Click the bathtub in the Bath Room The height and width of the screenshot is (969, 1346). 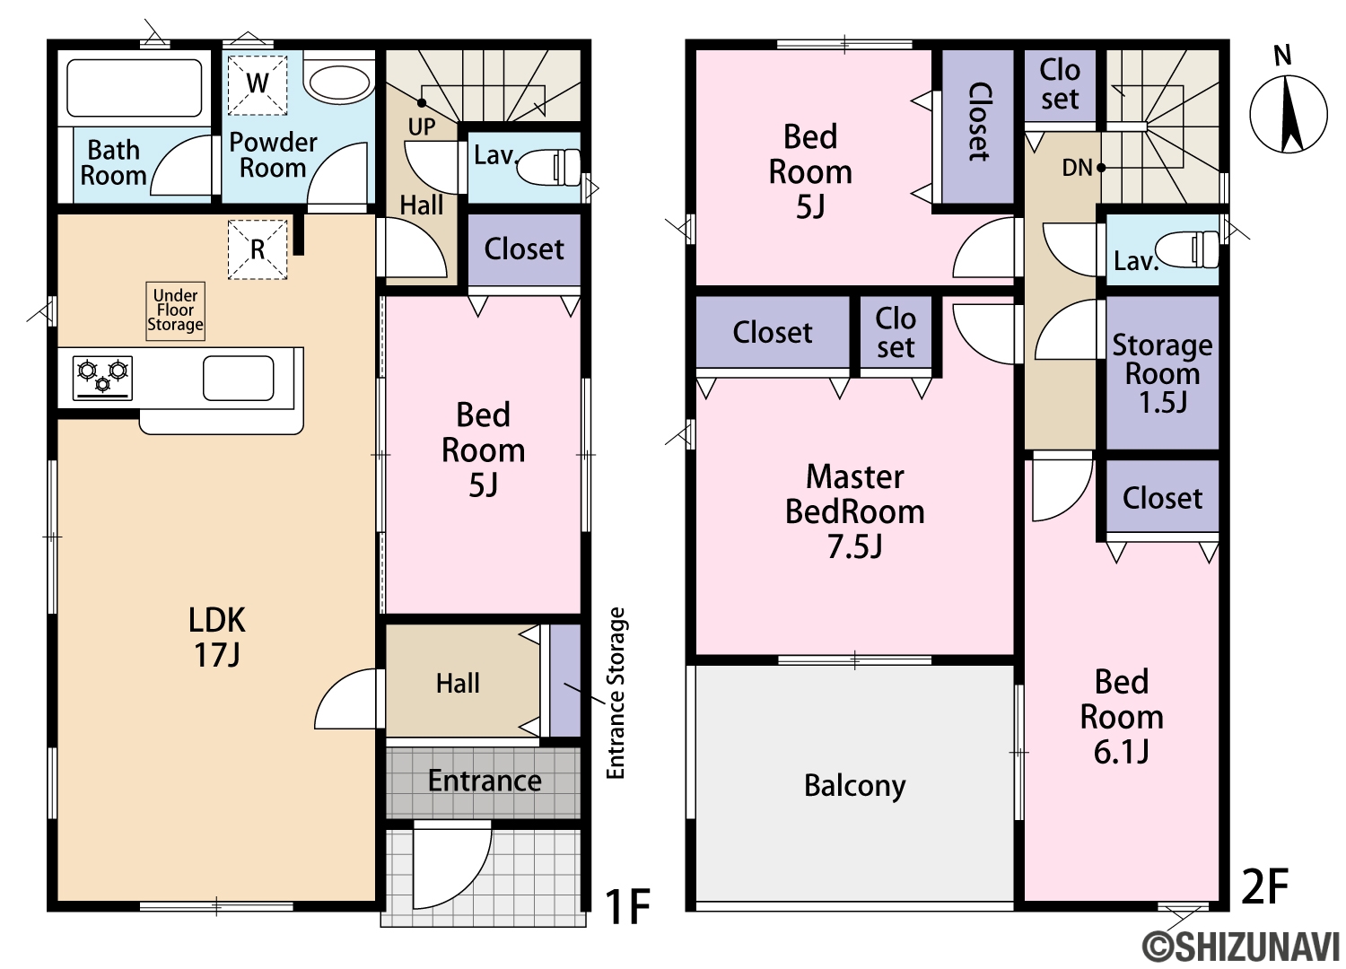(134, 88)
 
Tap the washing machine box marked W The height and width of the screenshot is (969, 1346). (258, 84)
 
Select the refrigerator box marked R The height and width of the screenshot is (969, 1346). (258, 249)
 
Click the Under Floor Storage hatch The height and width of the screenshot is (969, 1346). (176, 310)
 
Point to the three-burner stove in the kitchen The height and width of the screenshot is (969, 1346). (103, 377)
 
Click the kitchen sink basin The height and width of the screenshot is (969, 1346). (238, 378)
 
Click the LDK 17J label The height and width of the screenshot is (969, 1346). (217, 637)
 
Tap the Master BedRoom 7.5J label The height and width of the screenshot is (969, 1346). (854, 511)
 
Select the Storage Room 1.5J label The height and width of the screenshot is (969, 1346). (1162, 373)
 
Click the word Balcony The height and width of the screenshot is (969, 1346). (854, 786)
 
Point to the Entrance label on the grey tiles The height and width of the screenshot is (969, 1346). (485, 781)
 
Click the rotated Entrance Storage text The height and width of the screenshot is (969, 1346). (616, 694)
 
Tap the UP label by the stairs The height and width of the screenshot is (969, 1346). (421, 127)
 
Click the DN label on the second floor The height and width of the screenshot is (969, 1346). (1077, 168)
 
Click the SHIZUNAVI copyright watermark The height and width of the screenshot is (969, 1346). (1243, 947)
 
